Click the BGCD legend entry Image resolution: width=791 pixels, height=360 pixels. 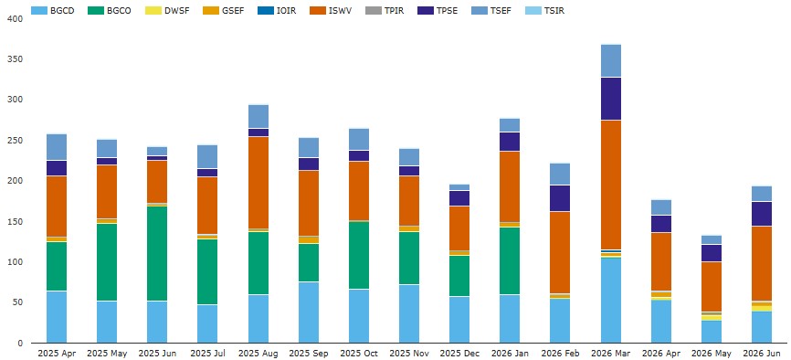[x=52, y=10]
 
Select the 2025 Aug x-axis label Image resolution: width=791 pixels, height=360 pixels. [x=258, y=354]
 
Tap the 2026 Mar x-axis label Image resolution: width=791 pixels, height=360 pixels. [x=611, y=354]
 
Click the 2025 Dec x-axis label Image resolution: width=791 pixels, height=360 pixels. [x=459, y=354]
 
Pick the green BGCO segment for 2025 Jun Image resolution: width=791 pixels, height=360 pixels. [x=157, y=254]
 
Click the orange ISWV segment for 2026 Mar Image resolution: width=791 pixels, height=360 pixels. [x=611, y=185]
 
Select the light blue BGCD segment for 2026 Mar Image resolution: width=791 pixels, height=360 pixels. [x=611, y=301]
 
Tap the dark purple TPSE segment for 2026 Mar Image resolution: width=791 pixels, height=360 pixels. [x=611, y=99]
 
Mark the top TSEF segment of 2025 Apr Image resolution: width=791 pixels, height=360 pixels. [x=57, y=147]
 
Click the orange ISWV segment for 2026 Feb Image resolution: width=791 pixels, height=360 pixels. [x=561, y=252]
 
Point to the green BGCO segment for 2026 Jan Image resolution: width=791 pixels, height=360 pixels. [x=510, y=261]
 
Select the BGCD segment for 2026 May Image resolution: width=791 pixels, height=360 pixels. [x=712, y=332]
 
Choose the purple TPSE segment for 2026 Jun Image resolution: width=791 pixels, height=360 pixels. [x=762, y=214]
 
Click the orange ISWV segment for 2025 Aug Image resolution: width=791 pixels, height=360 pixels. [x=258, y=183]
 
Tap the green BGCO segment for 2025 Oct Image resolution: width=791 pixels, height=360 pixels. [x=359, y=256]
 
